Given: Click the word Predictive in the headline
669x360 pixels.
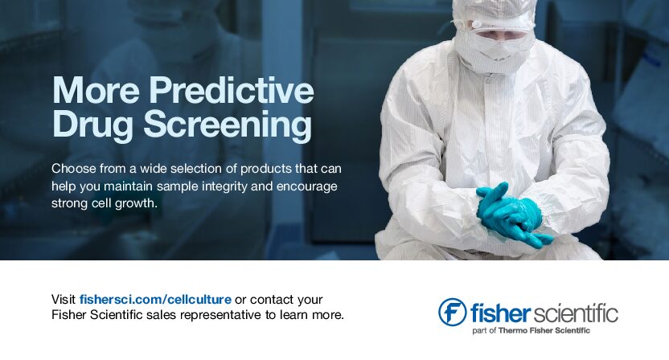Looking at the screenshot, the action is (232, 91).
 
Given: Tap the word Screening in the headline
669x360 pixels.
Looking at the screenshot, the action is (228, 125).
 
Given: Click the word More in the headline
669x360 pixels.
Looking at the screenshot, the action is (96, 91).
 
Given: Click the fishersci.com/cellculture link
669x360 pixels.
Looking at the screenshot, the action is (155, 300).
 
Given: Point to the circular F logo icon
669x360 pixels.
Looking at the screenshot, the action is (452, 312).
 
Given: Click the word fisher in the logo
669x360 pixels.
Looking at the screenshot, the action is (500, 313).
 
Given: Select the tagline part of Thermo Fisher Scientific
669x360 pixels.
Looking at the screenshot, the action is (532, 330).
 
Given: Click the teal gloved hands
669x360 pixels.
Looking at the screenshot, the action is (512, 215).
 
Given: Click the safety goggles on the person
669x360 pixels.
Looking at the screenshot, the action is (499, 31).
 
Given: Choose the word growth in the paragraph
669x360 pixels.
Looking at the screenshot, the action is (137, 203).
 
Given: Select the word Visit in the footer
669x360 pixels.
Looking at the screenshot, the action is (64, 300).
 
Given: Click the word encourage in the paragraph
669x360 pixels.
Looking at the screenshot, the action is (307, 186).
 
